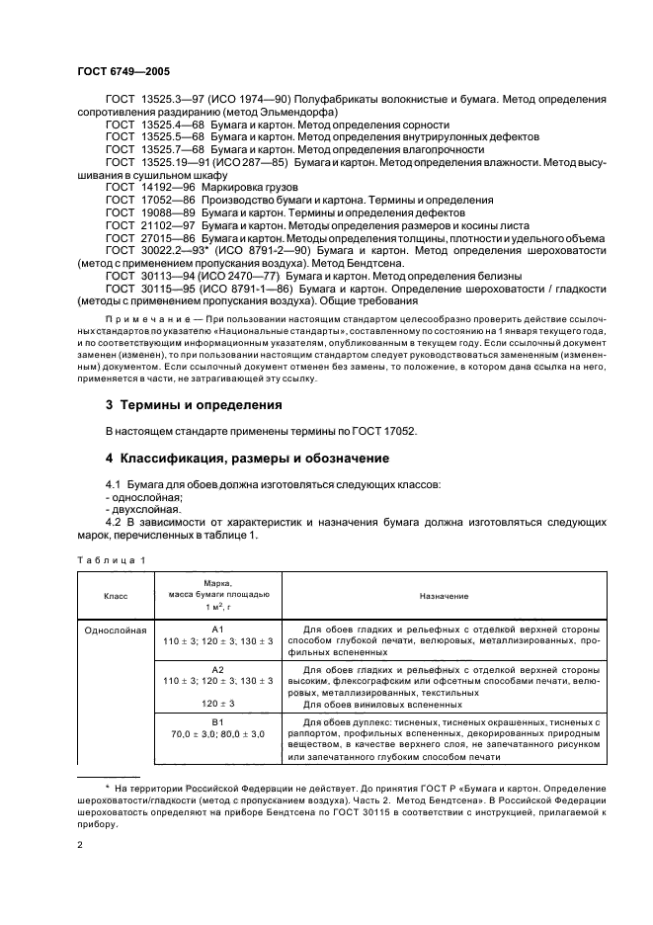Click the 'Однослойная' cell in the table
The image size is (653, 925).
pos(116,629)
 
